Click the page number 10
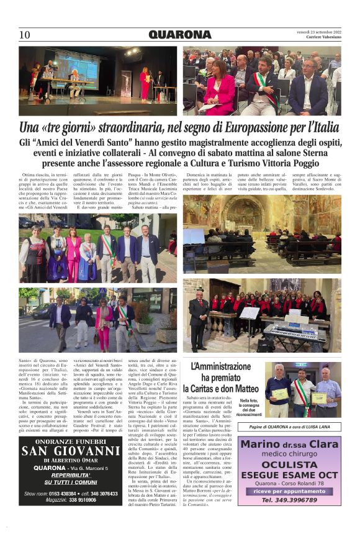(25, 35)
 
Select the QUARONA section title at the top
(180, 35)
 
